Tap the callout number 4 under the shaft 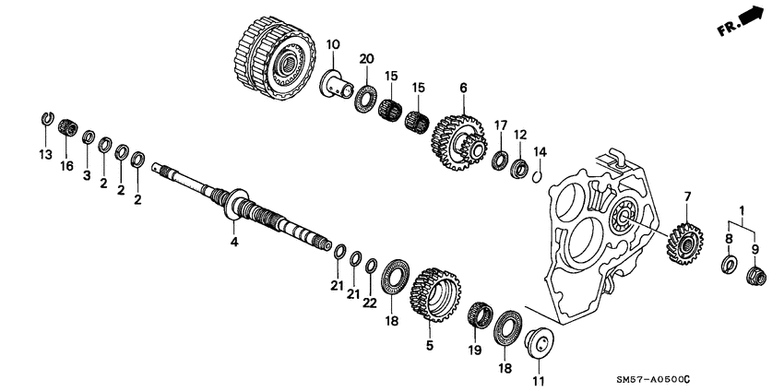[234, 243]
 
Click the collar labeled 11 [537, 344]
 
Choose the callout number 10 [332, 45]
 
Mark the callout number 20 [366, 59]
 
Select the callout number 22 [369, 301]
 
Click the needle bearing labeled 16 [66, 128]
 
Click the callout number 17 [501, 125]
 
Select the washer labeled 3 [89, 138]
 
